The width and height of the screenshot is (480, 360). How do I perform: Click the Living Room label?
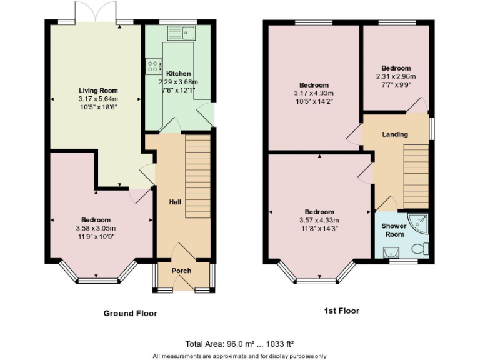tap(97, 91)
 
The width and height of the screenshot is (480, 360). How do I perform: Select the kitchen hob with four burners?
tap(152, 66)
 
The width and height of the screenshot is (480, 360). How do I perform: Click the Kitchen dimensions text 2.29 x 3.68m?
tap(178, 82)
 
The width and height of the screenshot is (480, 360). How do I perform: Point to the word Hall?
tap(175, 202)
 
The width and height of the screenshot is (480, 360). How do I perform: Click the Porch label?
tap(181, 271)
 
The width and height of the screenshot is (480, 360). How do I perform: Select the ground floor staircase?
tap(198, 178)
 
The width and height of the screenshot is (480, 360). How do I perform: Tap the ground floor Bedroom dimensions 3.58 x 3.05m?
tap(96, 228)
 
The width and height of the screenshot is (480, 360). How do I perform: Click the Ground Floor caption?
tap(130, 313)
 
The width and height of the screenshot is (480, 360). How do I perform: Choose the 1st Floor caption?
tap(342, 311)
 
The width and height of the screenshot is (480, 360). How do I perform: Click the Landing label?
tap(395, 134)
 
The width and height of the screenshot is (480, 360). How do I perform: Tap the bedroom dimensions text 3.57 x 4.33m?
tap(319, 220)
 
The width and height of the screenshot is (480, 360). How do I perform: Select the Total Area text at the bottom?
tap(239, 344)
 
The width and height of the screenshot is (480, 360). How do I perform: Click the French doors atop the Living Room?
tap(95, 12)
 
